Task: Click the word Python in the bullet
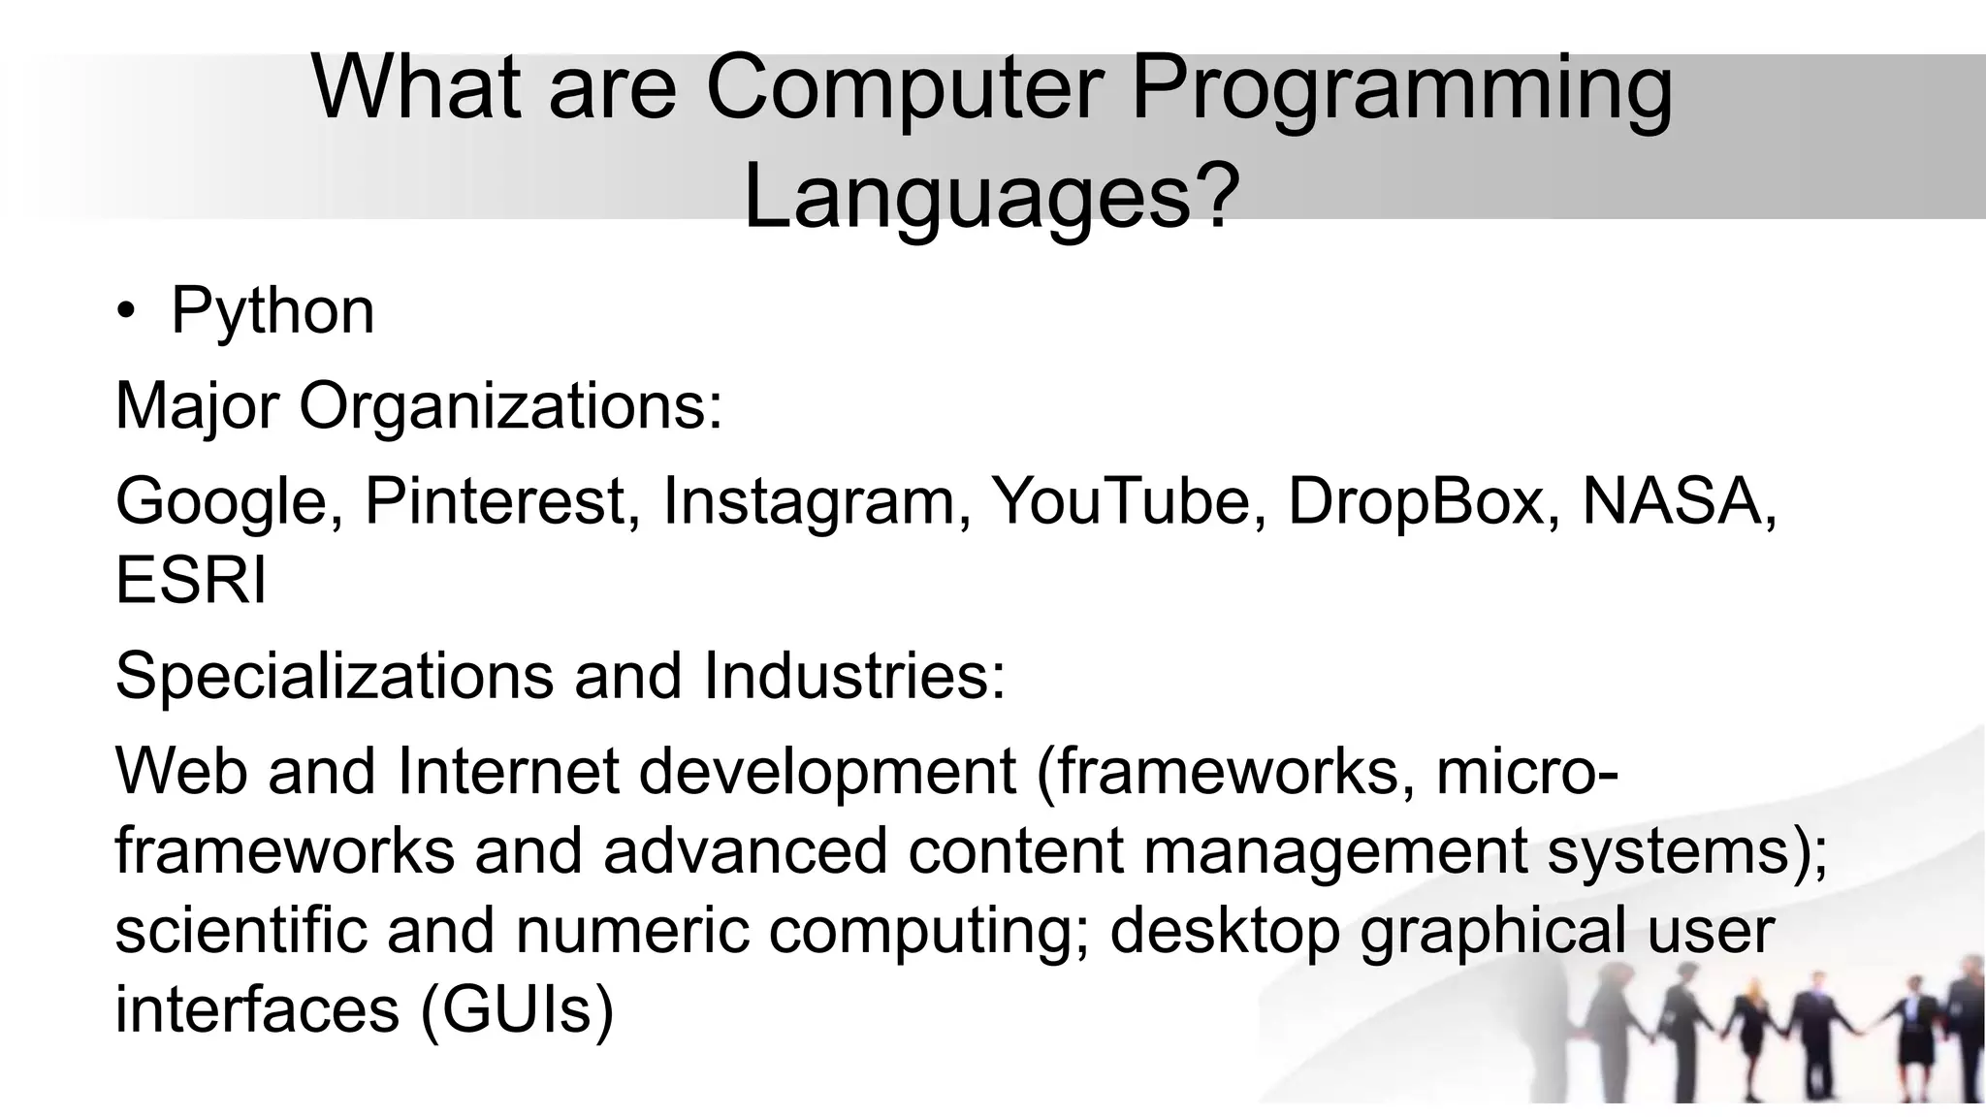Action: point(272,312)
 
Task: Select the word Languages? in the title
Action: point(991,197)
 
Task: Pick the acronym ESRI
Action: point(191,581)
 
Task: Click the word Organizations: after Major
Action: point(511,406)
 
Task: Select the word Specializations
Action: point(335,676)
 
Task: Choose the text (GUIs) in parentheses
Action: point(517,1009)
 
